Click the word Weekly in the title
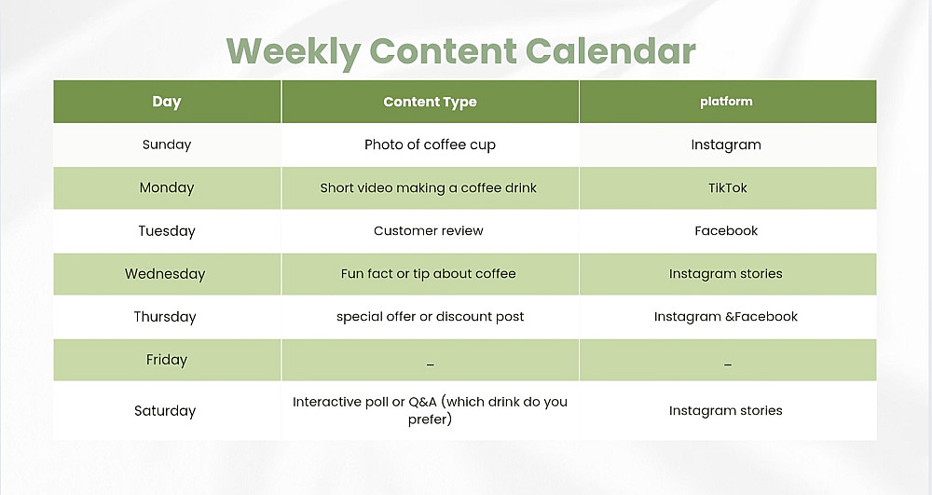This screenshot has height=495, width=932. coord(294,52)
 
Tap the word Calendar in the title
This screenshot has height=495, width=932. coord(610,50)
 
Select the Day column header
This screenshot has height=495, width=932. coord(167,103)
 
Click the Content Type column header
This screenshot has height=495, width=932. coord(430,103)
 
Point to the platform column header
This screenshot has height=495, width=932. coord(726,102)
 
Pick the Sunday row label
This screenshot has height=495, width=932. coord(167,144)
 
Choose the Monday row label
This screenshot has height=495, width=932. coord(167,187)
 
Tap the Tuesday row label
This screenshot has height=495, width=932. coord(167,231)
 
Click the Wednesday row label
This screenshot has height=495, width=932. coord(165,274)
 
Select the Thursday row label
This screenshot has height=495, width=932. coord(165,317)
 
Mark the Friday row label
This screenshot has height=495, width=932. coord(167,360)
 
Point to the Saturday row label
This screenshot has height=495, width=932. coord(165,411)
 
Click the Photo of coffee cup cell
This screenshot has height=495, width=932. coord(430,145)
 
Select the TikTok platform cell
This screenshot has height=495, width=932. coord(728,187)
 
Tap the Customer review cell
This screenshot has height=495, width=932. coord(428,230)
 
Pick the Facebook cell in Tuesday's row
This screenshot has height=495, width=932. coord(726,230)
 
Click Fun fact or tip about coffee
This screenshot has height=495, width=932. coord(428,274)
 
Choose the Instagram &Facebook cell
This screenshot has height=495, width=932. coord(726,317)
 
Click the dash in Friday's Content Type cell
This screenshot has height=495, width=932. coord(431,364)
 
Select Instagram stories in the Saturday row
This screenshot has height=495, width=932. coord(726,410)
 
